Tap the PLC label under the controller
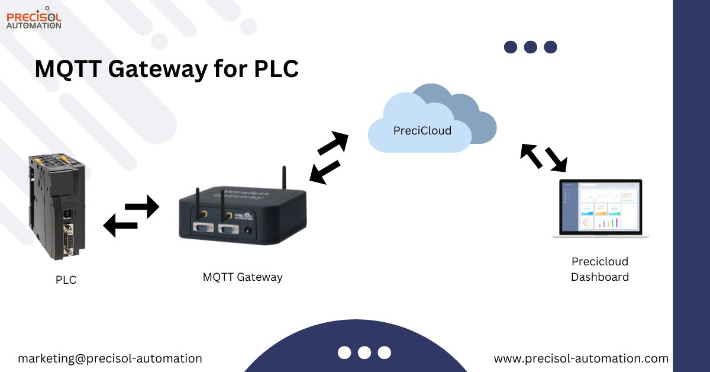[66, 280]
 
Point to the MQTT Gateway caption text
[243, 277]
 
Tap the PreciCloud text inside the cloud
[422, 130]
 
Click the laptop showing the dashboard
[600, 209]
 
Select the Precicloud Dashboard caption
[599, 269]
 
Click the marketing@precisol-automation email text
[110, 358]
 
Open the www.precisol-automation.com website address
[581, 358]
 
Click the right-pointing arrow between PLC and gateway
[142, 207]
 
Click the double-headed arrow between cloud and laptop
[544, 157]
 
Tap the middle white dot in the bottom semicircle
[364, 352]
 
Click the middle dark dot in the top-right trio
[531, 47]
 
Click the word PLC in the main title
[276, 69]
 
